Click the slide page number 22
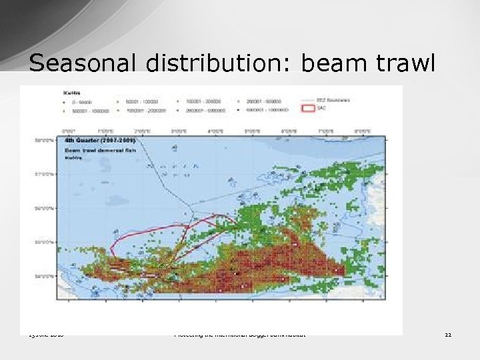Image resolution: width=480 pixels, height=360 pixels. click(x=448, y=335)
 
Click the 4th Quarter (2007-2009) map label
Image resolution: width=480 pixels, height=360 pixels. click(x=100, y=141)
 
